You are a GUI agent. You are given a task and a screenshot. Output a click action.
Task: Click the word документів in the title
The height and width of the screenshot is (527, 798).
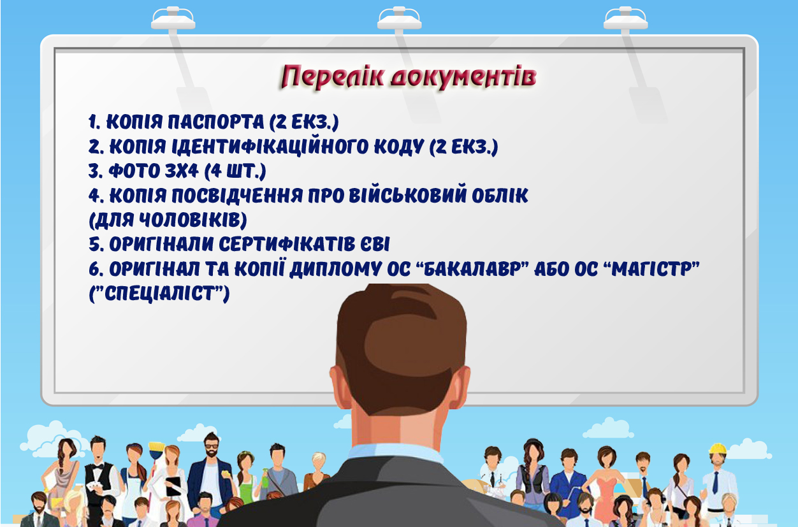[x=463, y=77]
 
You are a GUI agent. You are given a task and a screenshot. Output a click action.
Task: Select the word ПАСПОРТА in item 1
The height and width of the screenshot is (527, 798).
[x=215, y=122]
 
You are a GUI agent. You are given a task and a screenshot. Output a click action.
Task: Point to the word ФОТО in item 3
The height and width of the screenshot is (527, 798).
[x=134, y=171]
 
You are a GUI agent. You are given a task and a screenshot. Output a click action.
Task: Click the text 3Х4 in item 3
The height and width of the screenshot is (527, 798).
[x=182, y=171]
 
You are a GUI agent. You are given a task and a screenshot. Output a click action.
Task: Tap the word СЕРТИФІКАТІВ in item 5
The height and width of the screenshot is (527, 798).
[x=286, y=244]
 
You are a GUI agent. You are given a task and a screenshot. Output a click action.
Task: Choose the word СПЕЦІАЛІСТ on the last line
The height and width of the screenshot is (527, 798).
[x=159, y=293]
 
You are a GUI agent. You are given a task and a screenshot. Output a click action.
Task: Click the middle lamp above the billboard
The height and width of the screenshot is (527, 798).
[x=400, y=18]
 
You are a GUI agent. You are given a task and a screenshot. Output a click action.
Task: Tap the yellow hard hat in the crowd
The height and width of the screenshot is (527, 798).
[x=718, y=449]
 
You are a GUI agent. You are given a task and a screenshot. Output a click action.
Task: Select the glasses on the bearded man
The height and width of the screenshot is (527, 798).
[x=211, y=445]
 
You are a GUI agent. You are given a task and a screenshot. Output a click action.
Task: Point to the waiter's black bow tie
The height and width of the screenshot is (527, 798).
[x=98, y=466]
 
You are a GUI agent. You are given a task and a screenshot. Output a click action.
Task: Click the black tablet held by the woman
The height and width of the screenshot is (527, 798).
[x=173, y=486]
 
